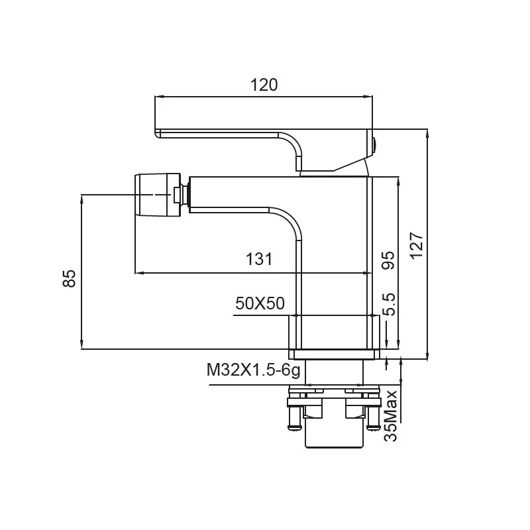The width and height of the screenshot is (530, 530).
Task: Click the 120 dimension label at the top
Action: tap(264, 85)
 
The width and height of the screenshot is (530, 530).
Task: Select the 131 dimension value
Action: tap(258, 260)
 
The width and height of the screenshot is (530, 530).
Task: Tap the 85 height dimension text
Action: tap(70, 278)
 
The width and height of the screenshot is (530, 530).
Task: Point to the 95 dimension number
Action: tap(388, 260)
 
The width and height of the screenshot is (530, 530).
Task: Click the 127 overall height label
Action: tap(417, 246)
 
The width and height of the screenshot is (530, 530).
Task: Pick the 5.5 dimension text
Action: tap(390, 305)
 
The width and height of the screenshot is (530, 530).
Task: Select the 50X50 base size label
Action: tap(260, 303)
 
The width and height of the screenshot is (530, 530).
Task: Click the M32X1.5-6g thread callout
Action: tap(253, 370)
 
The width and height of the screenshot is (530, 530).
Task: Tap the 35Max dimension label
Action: tap(390, 416)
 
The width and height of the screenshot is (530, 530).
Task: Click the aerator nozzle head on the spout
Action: tap(158, 195)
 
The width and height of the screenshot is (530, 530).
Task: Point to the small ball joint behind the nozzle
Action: tap(185, 195)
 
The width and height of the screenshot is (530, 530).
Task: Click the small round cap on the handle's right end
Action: tap(374, 146)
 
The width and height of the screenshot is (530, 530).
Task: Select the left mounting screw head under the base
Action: tap(294, 427)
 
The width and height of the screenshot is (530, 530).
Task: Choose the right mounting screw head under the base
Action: tap(374, 427)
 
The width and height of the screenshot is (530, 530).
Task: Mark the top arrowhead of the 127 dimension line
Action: tap(427, 134)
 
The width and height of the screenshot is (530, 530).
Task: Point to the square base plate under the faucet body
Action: tap(334, 354)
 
